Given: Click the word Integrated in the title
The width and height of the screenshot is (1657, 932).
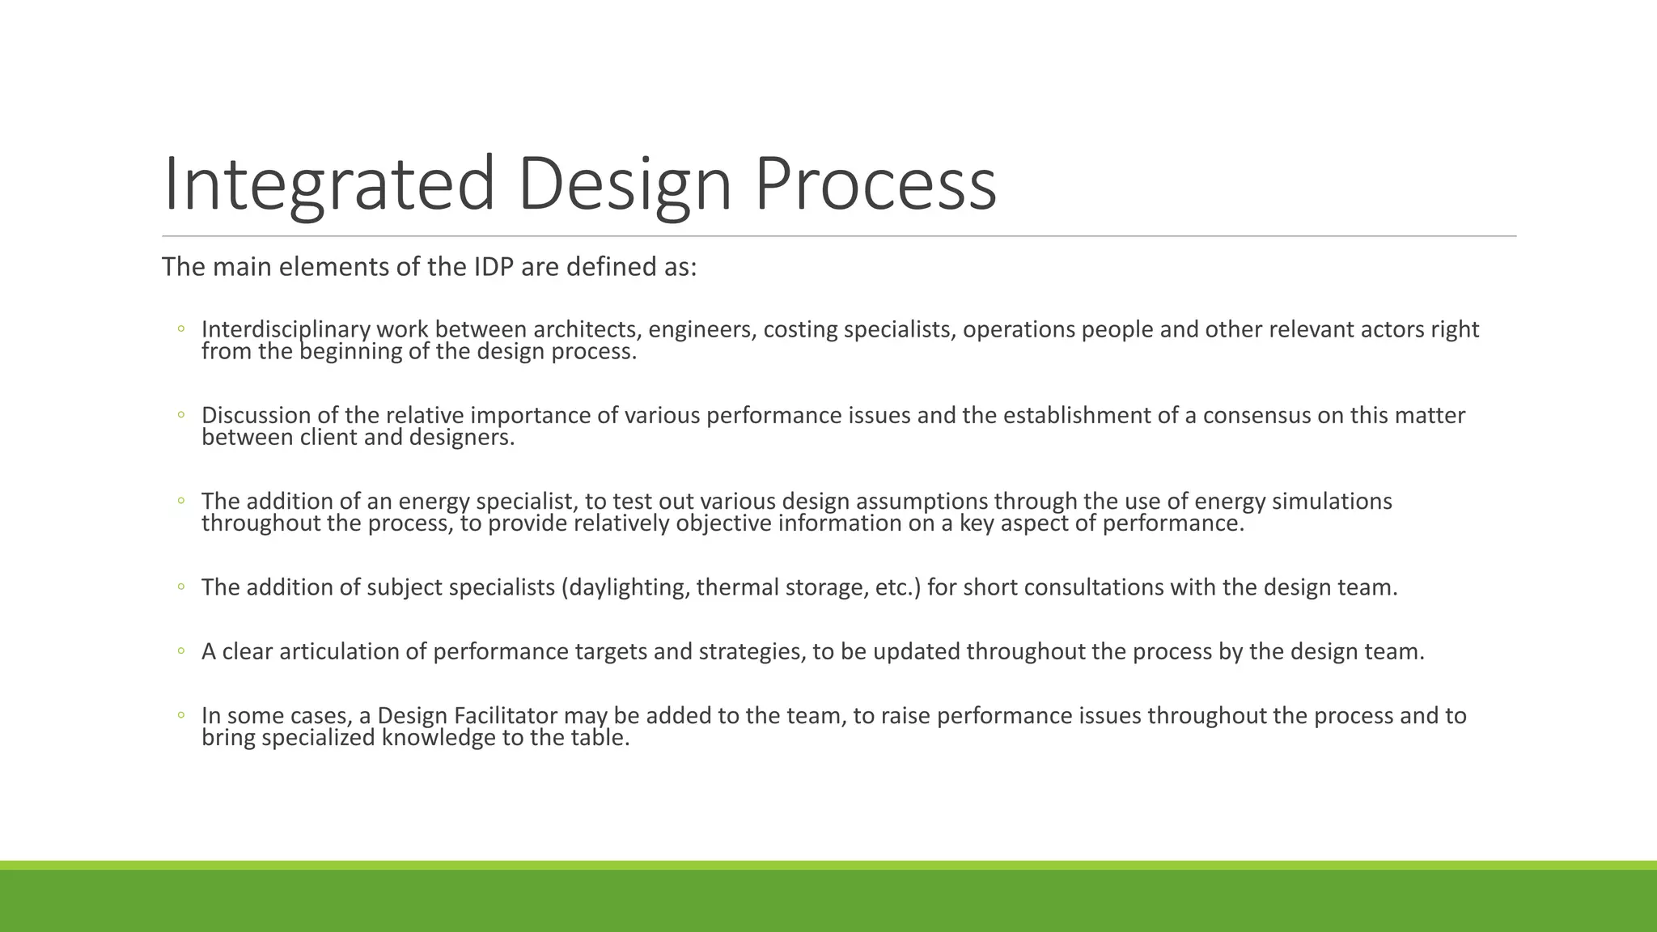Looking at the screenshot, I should (328, 184).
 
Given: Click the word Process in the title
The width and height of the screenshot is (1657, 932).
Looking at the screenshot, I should (875, 184).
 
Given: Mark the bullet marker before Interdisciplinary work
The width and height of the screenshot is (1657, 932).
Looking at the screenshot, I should (181, 329).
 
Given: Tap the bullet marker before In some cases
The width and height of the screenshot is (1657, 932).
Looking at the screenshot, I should (181, 715).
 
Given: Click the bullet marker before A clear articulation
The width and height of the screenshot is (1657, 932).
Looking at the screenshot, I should (181, 651).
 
